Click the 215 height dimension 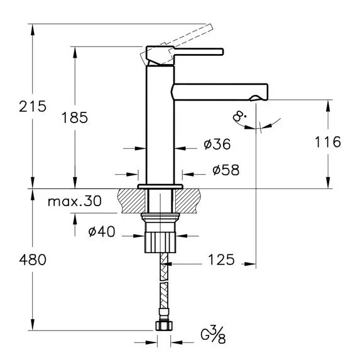coord(33,107)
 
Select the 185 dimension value coord(75,117)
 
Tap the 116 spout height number coord(327,142)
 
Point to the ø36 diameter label coord(217,144)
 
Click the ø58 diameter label coord(226,170)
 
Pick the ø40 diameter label coord(102,231)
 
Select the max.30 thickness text coord(75,201)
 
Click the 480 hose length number coord(33,260)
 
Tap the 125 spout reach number coord(221,259)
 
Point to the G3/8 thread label coord(213,335)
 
